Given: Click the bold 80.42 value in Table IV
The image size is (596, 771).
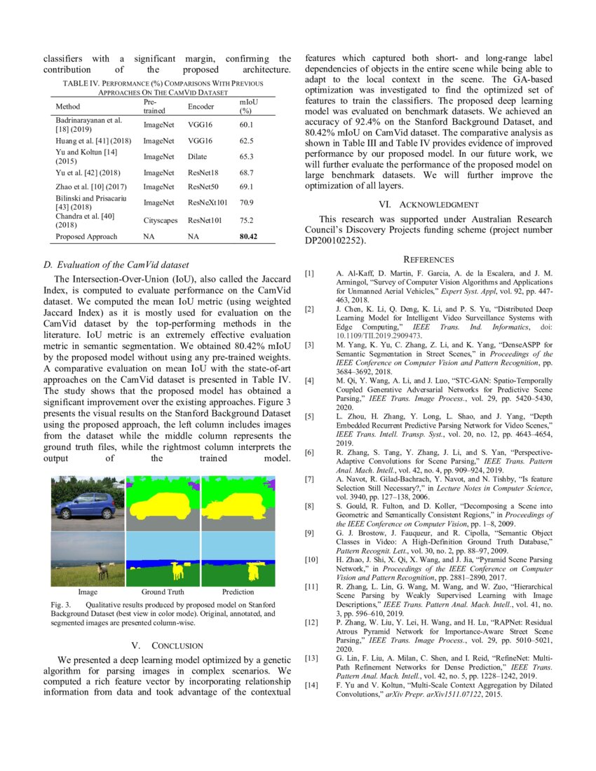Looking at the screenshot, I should click(248, 237).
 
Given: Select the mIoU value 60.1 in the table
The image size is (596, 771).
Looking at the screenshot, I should click(245, 125).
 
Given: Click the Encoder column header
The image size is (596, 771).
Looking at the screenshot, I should click(201, 107).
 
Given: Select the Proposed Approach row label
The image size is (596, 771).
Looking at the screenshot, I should click(87, 237).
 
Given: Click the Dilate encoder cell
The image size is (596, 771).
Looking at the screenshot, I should click(197, 157).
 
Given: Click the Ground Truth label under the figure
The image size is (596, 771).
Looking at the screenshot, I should click(163, 592).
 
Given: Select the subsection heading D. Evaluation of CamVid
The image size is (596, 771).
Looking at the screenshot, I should click(116, 264).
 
